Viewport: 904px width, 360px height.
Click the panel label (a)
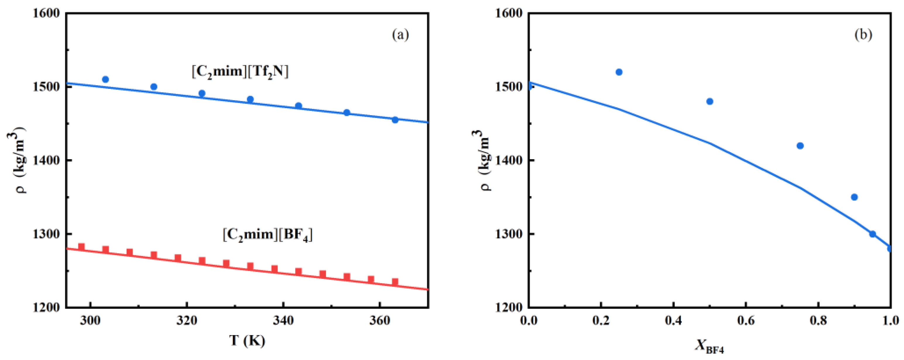point(400,35)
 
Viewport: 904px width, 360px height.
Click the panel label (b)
point(863,35)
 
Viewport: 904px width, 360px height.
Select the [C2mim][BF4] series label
point(267,234)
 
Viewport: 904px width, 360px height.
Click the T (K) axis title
point(247,341)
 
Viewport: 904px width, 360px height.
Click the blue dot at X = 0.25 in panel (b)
point(619,72)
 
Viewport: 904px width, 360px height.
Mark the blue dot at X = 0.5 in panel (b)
point(710,101)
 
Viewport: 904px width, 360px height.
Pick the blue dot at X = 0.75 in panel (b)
point(800,146)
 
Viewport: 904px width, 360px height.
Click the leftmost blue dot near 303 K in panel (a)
point(105,79)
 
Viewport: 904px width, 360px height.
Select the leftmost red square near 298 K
point(81,246)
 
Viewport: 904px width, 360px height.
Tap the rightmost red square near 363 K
point(395,281)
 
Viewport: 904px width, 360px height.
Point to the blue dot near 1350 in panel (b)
point(855,197)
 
